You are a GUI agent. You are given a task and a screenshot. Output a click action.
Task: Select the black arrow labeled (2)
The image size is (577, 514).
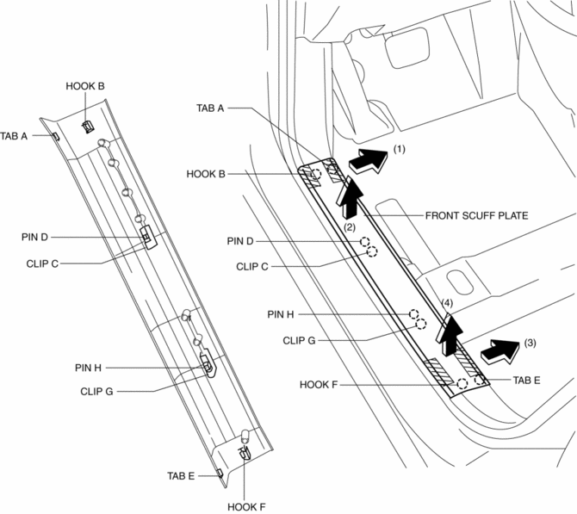tap(350, 197)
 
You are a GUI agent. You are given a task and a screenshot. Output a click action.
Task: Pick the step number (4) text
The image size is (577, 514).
tap(446, 303)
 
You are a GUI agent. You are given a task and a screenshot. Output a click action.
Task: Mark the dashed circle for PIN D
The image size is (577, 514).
tap(365, 242)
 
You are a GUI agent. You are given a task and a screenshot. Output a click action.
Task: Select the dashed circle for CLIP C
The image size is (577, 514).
tap(373, 251)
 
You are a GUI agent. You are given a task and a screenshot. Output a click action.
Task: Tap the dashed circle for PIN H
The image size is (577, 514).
tap(414, 315)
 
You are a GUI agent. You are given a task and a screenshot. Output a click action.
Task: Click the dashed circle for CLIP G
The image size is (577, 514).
tap(421, 325)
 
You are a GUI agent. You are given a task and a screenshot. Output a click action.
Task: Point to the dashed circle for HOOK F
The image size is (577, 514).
tap(462, 383)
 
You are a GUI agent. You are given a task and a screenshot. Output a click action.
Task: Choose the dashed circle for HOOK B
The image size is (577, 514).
tap(317, 175)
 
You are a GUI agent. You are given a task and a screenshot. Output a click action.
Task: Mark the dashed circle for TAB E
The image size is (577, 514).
tap(479, 379)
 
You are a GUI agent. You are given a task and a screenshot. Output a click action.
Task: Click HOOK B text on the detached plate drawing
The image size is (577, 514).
tap(85, 87)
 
